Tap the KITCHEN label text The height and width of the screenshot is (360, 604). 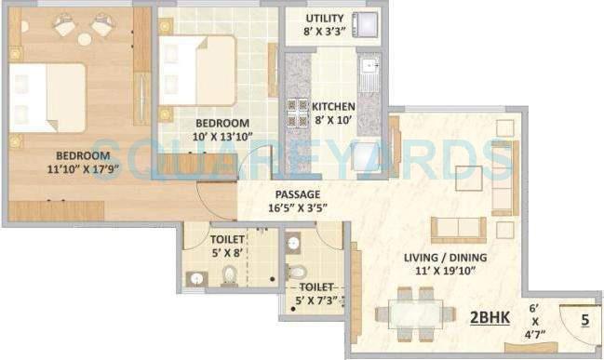point(332,105)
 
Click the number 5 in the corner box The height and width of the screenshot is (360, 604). point(584,322)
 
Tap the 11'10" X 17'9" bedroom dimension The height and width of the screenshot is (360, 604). point(71,170)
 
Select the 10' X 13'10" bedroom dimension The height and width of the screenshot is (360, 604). point(221,138)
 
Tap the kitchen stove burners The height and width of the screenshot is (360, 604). point(298,112)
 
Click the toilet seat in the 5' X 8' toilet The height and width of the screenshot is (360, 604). point(229,275)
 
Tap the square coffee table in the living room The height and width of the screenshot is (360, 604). point(468,177)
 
